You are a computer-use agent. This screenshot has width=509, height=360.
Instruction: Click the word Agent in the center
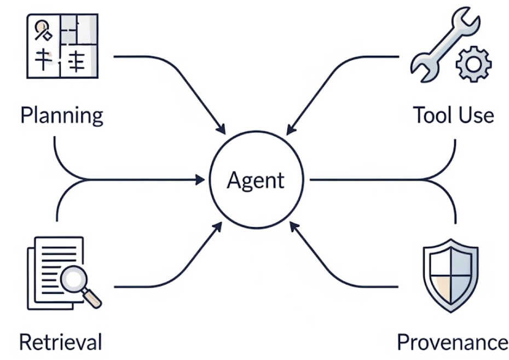(256, 180)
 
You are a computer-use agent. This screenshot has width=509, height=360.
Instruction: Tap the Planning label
(61, 115)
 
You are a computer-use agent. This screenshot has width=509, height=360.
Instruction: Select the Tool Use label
(453, 115)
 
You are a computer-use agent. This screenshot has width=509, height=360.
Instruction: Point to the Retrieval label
(60, 342)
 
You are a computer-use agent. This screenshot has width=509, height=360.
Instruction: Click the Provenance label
(452, 342)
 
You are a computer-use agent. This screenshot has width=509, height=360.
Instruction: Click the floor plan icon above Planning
(62, 44)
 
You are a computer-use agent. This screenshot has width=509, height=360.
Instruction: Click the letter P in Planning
(25, 115)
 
